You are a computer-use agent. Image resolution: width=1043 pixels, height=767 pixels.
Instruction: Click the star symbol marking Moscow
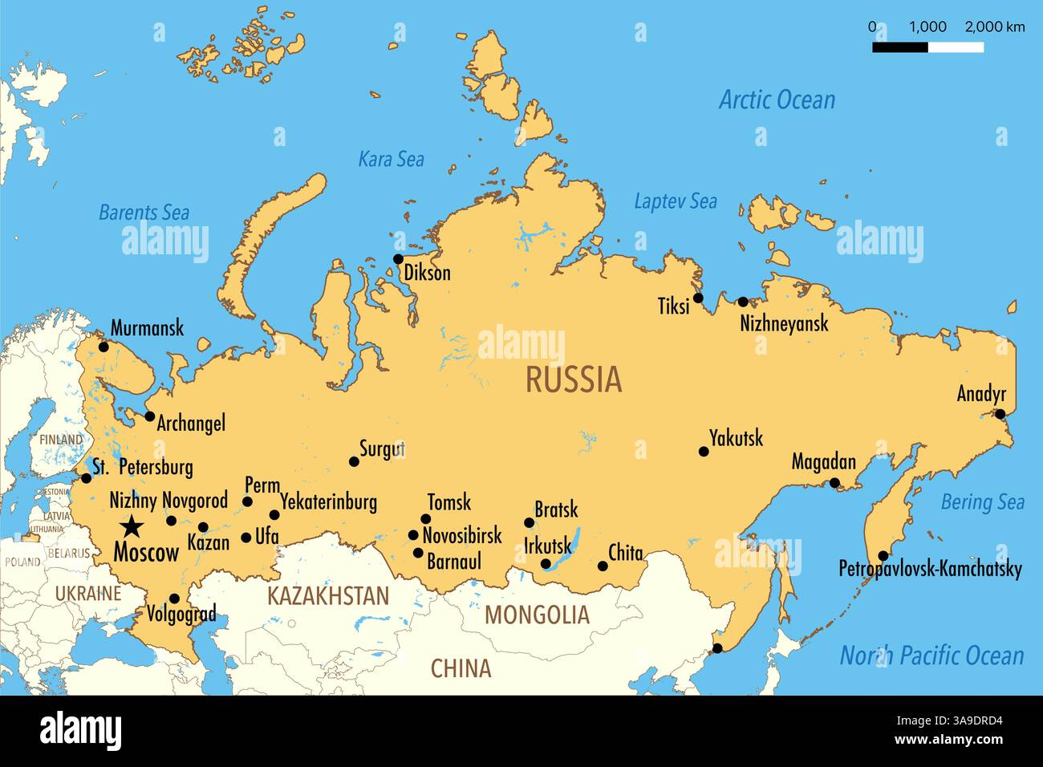(132, 527)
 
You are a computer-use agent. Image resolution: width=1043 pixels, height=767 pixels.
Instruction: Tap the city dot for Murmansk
(103, 347)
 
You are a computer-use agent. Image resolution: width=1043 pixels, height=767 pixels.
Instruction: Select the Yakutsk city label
(736, 438)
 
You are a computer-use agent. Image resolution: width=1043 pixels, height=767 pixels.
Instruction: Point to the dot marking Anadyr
(1000, 414)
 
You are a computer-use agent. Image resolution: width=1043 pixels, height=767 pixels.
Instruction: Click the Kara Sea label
(391, 160)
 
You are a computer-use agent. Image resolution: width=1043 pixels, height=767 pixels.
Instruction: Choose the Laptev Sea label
(675, 201)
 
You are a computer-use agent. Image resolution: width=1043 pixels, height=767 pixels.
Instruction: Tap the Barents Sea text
(144, 213)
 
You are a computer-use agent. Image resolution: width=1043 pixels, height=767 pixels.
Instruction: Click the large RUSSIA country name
(574, 379)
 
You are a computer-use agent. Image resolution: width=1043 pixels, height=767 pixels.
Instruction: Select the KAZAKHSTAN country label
(327, 596)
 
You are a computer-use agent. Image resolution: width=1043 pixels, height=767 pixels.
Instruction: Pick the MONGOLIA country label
(537, 615)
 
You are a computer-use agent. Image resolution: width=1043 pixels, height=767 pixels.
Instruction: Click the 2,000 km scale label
(994, 26)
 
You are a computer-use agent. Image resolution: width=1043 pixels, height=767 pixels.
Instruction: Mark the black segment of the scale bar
(900, 47)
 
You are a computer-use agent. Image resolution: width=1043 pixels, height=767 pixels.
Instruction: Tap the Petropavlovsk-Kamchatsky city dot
(883, 555)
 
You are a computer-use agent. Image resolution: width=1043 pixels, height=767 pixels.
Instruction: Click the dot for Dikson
(397, 258)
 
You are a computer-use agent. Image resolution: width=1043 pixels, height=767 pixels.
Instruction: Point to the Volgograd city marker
(174, 599)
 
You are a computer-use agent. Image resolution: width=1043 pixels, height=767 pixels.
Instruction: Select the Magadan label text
(823, 462)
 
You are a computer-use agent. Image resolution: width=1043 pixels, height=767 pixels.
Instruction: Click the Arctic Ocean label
(777, 100)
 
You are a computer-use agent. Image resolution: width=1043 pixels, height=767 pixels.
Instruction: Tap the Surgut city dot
(354, 461)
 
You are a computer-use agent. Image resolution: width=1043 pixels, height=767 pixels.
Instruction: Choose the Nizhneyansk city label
(783, 323)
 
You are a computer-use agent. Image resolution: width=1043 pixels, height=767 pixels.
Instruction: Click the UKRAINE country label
(88, 594)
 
